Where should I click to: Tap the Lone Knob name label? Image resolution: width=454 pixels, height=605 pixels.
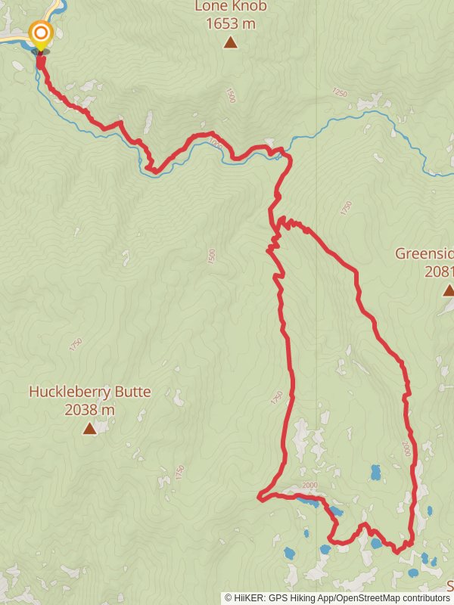230,7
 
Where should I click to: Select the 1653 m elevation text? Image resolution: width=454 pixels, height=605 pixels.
230,23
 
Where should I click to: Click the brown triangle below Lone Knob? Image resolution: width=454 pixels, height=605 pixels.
230,42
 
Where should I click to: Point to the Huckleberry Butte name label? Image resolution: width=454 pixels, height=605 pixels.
89,392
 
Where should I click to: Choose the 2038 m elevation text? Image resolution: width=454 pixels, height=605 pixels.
89,410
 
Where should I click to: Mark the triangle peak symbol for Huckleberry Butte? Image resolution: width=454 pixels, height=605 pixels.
89,429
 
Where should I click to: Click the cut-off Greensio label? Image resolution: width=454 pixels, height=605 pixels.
424,253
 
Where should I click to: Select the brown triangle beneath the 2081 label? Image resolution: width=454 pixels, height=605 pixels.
448,290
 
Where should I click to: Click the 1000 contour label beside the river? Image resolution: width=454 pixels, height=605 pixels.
216,143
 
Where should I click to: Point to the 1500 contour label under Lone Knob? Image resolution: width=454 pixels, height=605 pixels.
229,95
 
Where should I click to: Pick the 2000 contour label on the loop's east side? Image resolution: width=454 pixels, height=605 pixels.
406,448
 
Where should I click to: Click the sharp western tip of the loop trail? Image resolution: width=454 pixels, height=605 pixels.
259,497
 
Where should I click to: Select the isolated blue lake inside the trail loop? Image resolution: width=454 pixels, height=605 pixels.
375,473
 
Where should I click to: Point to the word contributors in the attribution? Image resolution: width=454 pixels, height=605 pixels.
427,597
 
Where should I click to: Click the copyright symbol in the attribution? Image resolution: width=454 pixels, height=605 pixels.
229,597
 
